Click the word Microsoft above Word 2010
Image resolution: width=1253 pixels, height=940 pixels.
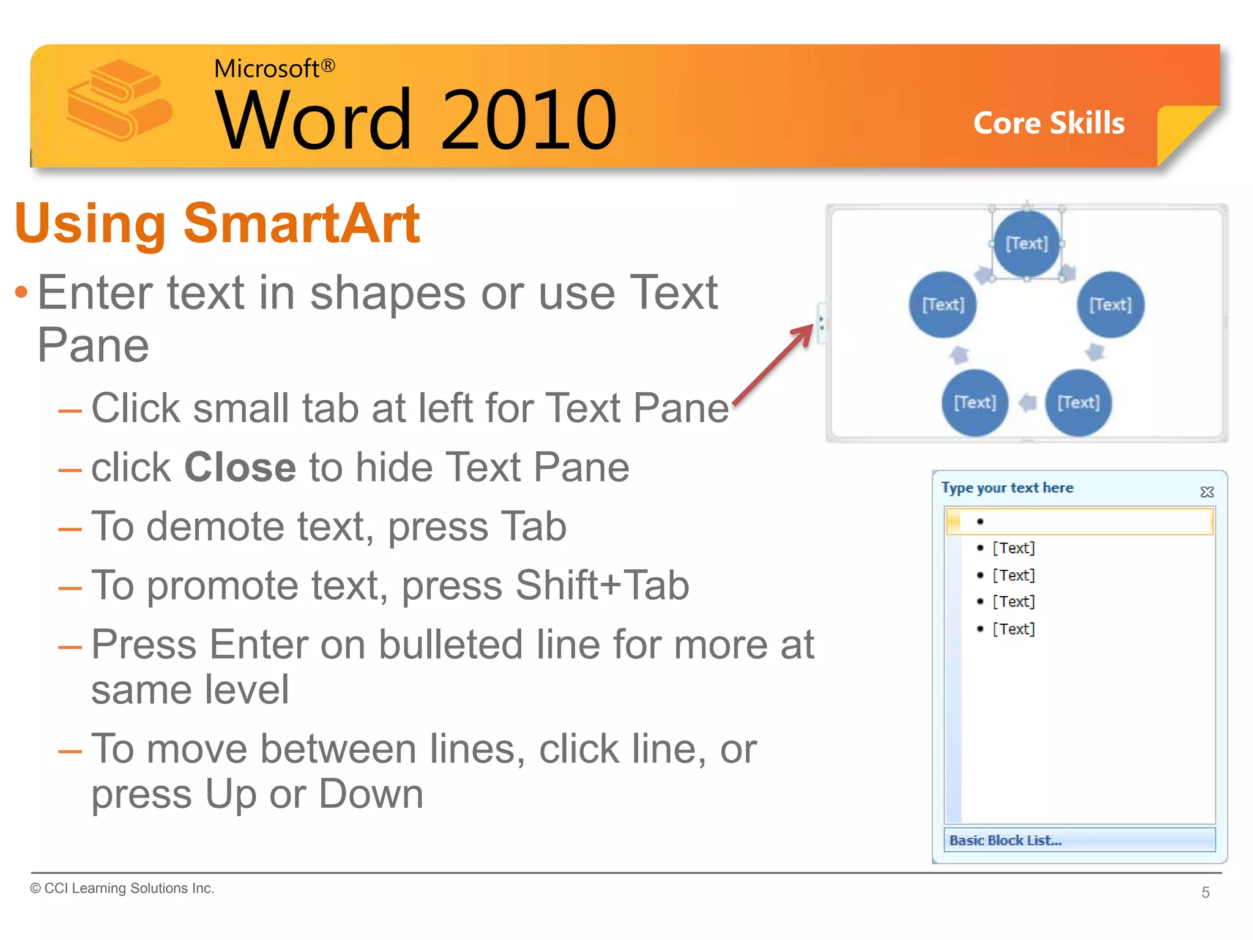[266, 69]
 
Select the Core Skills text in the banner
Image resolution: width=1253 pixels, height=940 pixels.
[1049, 123]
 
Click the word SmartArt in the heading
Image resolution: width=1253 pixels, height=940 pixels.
[301, 223]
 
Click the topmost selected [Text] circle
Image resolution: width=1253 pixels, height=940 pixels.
[1027, 244]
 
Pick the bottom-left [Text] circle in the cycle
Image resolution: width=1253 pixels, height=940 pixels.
[975, 402]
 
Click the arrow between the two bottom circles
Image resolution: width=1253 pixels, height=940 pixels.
[1028, 403]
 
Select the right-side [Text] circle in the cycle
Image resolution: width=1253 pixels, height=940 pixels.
[1110, 304]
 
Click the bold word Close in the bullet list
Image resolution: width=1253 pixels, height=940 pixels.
[240, 467]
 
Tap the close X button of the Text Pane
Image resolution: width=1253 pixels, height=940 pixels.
[1207, 491]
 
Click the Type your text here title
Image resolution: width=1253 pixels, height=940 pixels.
[1007, 488]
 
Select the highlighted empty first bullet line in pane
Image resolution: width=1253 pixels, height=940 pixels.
[1079, 521]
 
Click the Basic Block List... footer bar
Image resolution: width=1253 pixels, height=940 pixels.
[1079, 840]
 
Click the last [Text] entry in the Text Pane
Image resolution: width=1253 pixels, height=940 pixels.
[1013, 629]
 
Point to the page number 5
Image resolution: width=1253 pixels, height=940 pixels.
[1205, 892]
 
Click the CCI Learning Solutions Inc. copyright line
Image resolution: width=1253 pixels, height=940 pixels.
[122, 888]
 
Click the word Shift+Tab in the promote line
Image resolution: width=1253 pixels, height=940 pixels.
[602, 585]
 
